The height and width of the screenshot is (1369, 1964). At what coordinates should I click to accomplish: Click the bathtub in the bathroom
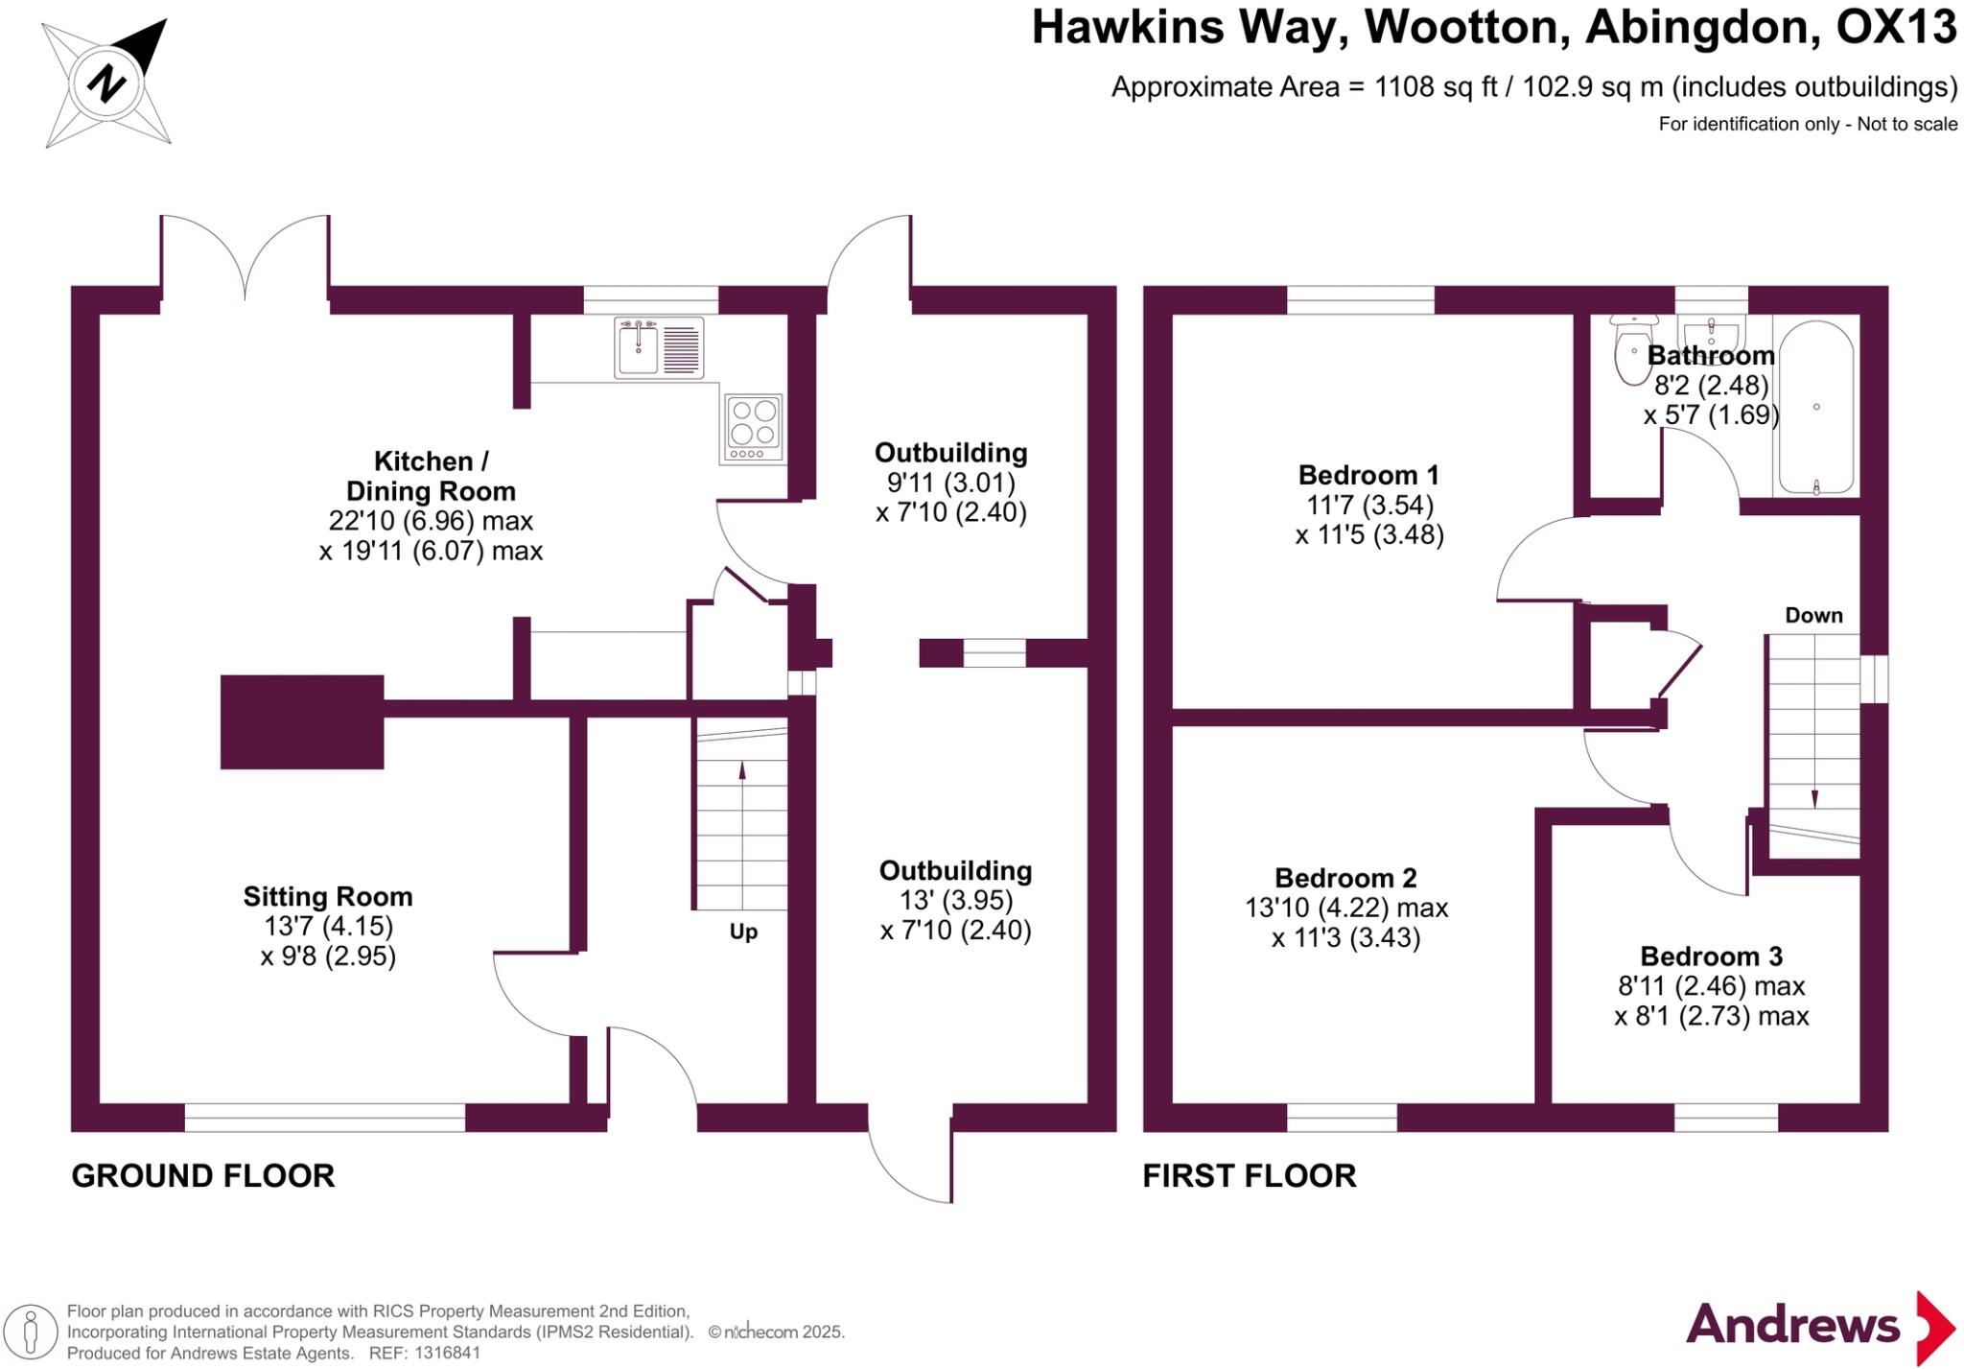point(1816,407)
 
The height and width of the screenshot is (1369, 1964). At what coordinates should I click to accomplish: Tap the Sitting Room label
point(328,897)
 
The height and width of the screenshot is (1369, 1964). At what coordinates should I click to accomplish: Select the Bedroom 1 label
point(1368,475)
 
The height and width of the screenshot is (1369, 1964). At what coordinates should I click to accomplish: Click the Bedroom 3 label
point(1711,956)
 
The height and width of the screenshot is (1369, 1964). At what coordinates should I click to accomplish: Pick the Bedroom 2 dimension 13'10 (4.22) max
point(1346,908)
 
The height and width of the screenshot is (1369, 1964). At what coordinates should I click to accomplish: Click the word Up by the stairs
point(743,932)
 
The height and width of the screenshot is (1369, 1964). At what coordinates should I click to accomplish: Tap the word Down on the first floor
point(1813,615)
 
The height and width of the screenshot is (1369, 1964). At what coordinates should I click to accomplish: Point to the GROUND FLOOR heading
point(203,1176)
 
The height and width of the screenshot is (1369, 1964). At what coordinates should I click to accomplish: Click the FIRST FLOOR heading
point(1249,1176)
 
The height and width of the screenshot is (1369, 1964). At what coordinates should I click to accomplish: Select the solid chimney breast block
point(302,721)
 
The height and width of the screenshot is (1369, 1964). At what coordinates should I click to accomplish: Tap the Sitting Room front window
point(324,1118)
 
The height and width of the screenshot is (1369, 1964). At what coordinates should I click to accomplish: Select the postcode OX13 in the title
point(1895,27)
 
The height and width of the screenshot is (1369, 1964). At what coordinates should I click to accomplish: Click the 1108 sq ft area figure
point(1436,87)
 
